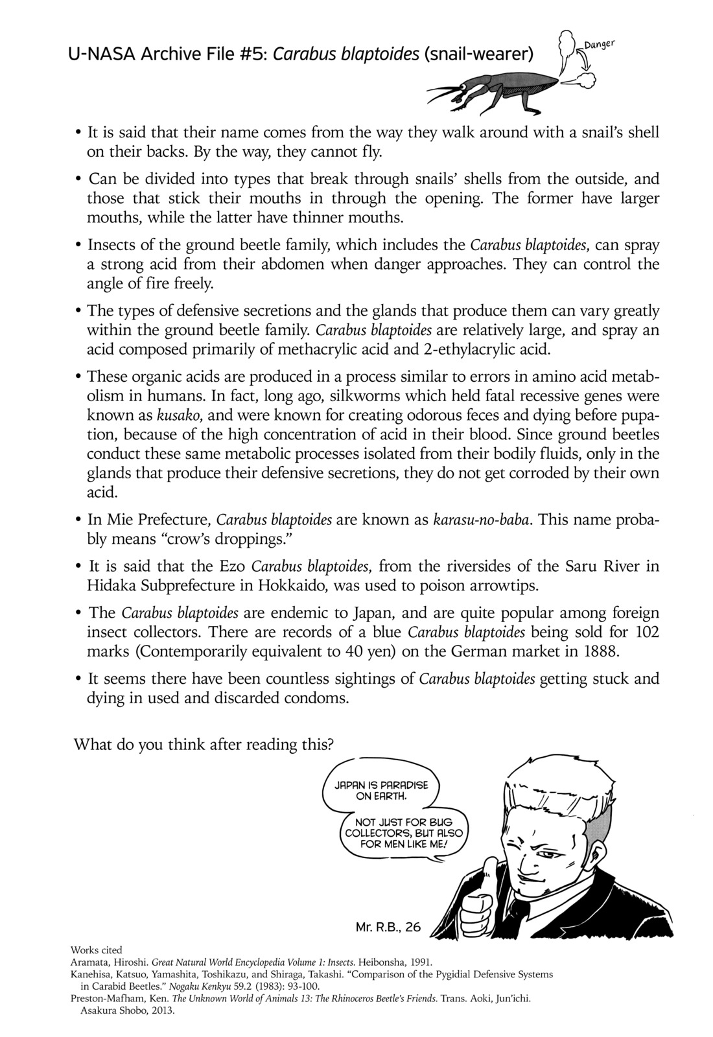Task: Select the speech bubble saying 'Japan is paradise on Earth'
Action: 381,789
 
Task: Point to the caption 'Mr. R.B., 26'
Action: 388,927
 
